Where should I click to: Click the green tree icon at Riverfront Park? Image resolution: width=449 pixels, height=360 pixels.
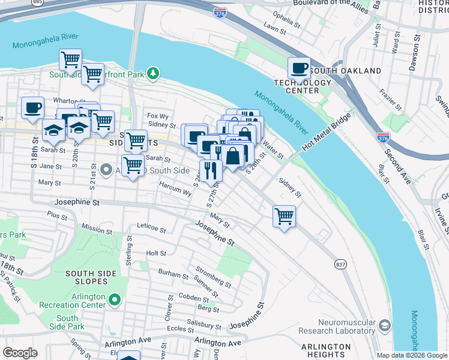click(x=154, y=73)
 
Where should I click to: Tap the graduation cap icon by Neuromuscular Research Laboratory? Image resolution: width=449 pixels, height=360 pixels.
click(x=385, y=325)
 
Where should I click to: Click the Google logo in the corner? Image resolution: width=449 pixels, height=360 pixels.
click(x=20, y=353)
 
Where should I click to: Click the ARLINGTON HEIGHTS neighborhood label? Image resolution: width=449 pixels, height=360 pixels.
click(x=326, y=351)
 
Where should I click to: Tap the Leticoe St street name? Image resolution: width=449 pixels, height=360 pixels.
click(x=151, y=228)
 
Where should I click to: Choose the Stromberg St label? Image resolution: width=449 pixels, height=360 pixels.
click(x=213, y=276)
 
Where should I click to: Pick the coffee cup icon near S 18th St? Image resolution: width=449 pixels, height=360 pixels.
click(x=33, y=108)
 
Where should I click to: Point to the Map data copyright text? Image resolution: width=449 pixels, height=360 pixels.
click(x=411, y=355)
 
